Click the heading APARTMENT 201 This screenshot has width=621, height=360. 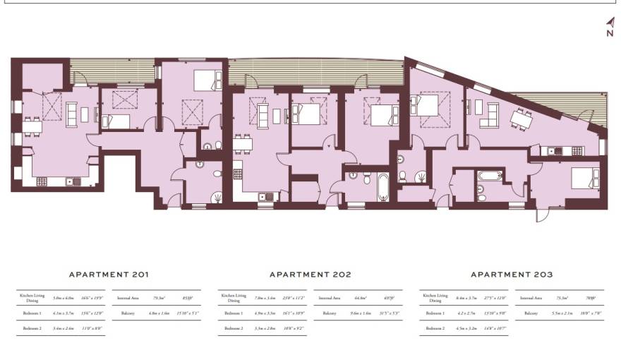click(x=109, y=275)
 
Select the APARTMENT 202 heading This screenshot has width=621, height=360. click(x=310, y=275)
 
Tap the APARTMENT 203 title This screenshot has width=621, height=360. click(x=512, y=275)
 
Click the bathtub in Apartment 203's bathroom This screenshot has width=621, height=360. click(x=489, y=175)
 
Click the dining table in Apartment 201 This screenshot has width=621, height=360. click(x=31, y=125)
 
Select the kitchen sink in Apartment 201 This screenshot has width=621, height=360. click(x=71, y=181)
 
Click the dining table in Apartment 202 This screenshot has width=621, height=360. click(x=243, y=144)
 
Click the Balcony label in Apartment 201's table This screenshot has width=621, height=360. click(x=128, y=312)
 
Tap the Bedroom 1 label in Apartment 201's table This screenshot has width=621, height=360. click(x=32, y=312)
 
